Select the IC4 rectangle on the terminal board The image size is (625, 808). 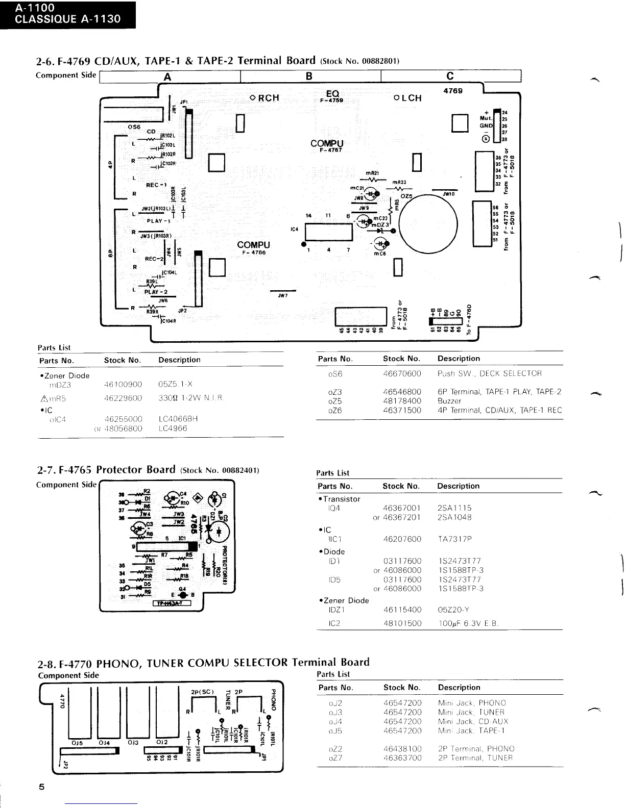329,233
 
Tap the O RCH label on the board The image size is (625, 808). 265,98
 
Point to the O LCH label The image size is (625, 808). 407,98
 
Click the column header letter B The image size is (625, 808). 309,76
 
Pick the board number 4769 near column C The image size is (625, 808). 453,90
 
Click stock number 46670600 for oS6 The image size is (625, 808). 402,373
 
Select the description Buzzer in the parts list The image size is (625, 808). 449,401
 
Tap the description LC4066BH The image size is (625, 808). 178,419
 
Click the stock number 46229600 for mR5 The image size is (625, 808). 123,398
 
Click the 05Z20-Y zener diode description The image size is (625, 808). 453,609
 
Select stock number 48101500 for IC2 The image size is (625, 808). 402,623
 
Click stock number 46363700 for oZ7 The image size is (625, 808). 402,758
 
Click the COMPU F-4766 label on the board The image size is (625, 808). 253,247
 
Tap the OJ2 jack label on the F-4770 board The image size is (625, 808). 162,742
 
